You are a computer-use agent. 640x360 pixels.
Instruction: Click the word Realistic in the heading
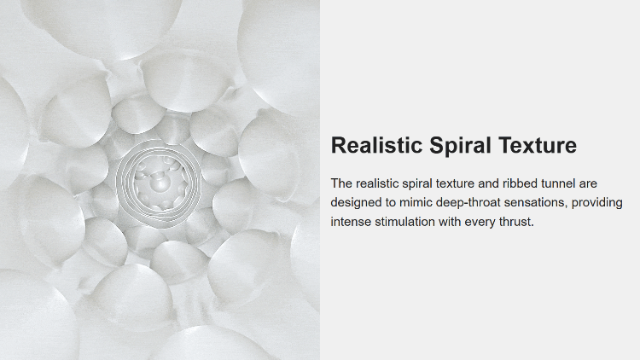point(376,145)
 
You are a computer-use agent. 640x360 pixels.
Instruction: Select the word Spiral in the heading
point(460,146)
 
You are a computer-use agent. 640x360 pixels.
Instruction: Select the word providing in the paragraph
point(596,203)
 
